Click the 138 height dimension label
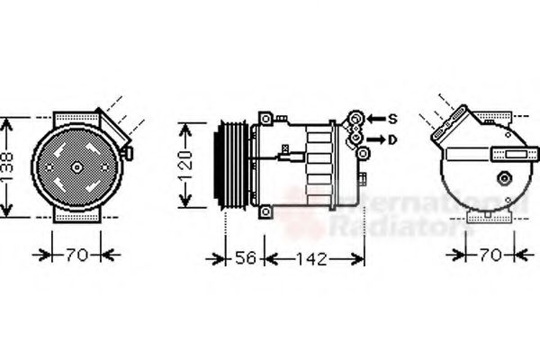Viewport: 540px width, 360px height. point(8,167)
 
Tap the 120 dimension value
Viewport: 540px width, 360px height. point(185,166)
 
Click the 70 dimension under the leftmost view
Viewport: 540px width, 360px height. point(76,255)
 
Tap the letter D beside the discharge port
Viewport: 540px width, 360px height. point(393,139)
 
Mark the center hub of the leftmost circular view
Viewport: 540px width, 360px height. point(76,166)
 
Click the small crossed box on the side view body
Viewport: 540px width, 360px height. point(286,148)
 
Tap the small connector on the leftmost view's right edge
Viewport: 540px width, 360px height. point(128,153)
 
